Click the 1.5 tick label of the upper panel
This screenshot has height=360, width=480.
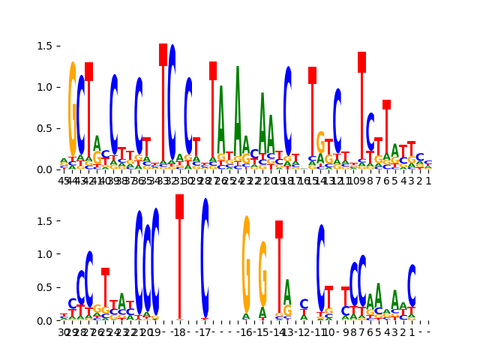point(44,46)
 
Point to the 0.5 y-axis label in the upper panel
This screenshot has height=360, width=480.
point(44,128)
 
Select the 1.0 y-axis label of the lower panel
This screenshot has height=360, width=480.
point(44,254)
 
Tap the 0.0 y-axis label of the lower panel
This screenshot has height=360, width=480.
point(44,321)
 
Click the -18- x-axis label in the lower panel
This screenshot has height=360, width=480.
point(179,332)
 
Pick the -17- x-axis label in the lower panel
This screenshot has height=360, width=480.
point(205,332)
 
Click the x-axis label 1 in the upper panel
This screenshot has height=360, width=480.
point(428,181)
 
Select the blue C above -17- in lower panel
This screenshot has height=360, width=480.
point(205,259)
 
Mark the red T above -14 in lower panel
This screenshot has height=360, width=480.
point(279,270)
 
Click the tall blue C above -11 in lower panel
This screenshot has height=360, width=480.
point(321,268)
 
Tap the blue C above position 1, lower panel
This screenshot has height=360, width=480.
point(412,286)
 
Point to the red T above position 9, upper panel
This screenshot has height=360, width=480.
point(362,112)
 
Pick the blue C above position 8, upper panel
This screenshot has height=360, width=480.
point(370,131)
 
